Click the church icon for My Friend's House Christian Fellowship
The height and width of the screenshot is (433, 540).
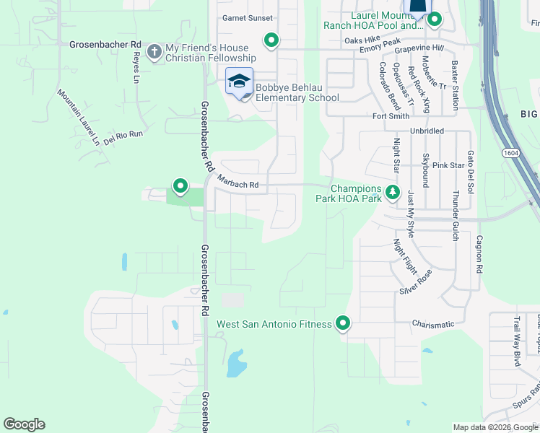[154, 51]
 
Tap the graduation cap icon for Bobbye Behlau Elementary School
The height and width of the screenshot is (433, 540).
[239, 81]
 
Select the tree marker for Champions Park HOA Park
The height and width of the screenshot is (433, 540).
[392, 192]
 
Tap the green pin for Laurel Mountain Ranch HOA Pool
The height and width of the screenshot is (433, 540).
[434, 19]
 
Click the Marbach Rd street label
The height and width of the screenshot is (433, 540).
[238, 185]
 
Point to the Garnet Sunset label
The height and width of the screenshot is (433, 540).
[248, 18]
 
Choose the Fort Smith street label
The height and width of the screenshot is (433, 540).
[391, 116]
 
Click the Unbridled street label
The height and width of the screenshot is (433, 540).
[427, 131]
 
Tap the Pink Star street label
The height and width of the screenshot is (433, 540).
[448, 165]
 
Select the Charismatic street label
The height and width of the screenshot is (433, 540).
[433, 324]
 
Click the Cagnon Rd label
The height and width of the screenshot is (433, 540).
[479, 253]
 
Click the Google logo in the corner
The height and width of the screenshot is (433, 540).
[24, 424]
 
